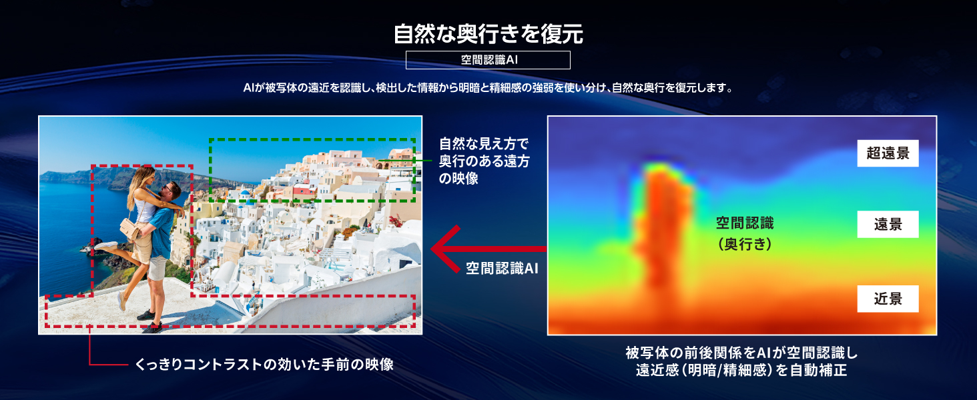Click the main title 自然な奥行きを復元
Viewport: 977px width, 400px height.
(488, 34)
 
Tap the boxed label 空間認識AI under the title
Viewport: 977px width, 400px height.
(488, 60)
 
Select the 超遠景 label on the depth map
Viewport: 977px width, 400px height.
(888, 153)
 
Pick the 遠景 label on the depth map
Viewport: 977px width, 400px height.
(888, 225)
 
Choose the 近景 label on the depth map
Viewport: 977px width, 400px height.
(888, 299)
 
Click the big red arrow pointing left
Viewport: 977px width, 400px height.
(488, 249)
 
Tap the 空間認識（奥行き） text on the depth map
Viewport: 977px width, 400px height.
(745, 233)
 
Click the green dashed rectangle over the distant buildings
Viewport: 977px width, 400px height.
(312, 140)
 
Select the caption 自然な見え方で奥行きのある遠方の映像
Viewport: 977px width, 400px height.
(484, 161)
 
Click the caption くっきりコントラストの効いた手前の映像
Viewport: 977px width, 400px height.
(264, 365)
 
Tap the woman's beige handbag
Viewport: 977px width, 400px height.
(129, 229)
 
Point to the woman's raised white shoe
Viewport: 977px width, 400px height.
(105, 246)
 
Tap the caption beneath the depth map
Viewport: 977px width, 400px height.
(741, 361)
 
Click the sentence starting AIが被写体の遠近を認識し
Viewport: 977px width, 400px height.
(488, 88)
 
